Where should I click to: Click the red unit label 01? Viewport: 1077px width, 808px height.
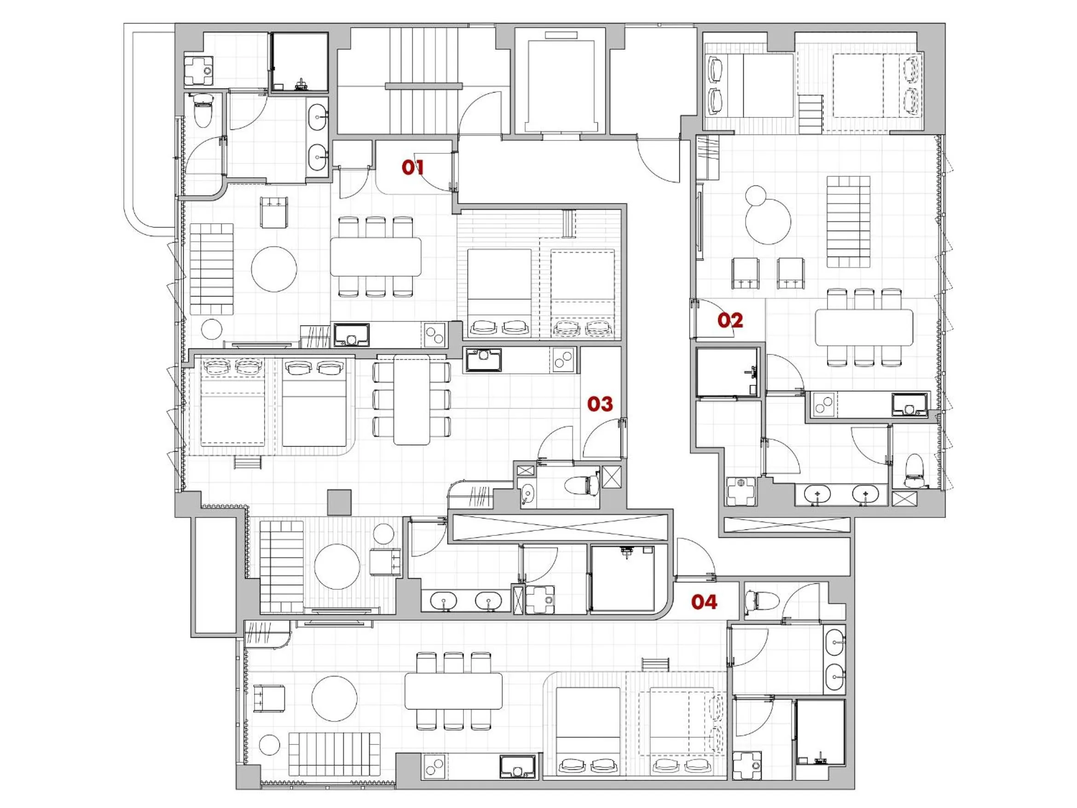(x=412, y=168)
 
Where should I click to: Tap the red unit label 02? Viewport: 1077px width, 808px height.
(x=730, y=320)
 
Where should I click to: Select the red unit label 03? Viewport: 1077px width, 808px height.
(x=599, y=404)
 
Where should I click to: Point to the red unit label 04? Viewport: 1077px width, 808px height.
(x=704, y=603)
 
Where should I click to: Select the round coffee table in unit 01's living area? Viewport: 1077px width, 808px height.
(x=274, y=269)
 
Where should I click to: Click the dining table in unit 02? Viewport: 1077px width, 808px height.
(x=864, y=327)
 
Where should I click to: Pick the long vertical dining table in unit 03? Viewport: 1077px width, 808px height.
(x=411, y=399)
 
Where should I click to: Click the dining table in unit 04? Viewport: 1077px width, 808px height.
(x=453, y=691)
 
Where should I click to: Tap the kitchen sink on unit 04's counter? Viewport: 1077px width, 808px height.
(x=517, y=766)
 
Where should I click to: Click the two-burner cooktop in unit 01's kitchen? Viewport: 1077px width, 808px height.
(x=434, y=335)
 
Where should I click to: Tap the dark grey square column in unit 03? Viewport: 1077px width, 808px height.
(x=339, y=503)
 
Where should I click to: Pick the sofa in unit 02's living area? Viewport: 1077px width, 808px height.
(x=848, y=221)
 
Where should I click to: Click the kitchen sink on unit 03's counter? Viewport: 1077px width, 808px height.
(x=483, y=360)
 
